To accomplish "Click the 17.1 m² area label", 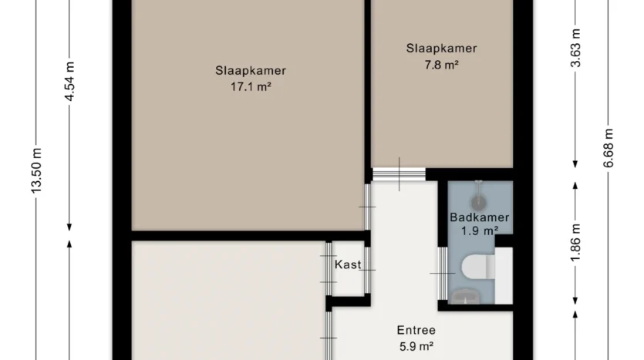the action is coord(251,87).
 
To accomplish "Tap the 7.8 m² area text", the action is coord(441,65).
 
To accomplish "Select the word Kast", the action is coord(348,264).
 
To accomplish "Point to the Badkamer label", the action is coord(479,217).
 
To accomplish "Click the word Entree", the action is coord(416,330).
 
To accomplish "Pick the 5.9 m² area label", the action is coord(416,347).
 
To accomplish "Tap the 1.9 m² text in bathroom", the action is coord(479,231).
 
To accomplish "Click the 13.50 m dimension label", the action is coord(36,171).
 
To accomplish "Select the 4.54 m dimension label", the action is coord(69,81).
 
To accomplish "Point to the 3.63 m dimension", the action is coord(576,48).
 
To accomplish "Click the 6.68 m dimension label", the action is coord(609,148).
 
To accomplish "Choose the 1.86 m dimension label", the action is coord(576,242).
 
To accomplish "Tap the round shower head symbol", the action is coord(478,203).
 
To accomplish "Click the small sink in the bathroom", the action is coord(464,296).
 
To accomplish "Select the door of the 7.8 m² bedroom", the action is coord(399,174).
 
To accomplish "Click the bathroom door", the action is coord(443,273).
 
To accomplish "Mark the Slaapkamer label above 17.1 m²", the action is coord(251,71).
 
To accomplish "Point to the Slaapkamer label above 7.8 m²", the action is coord(441,49).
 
